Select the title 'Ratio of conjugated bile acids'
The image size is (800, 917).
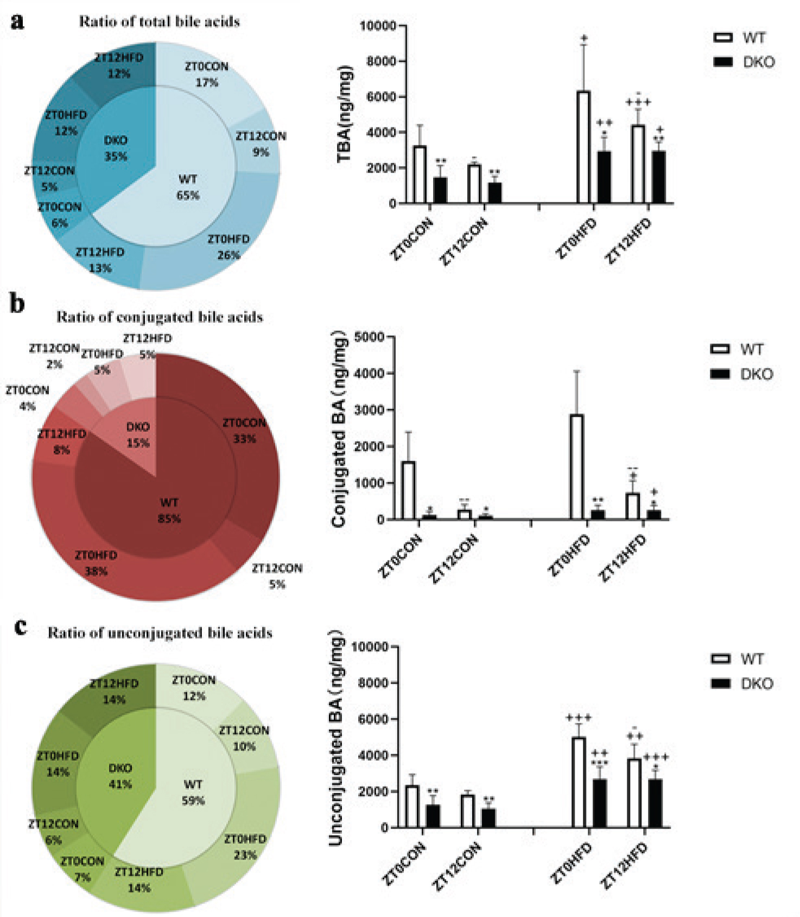[x=160, y=317]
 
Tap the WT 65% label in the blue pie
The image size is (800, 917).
[x=188, y=187]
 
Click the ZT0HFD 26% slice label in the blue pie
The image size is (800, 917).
[x=228, y=247]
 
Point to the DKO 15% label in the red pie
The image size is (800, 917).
[x=138, y=435]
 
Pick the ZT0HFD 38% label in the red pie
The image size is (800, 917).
[x=96, y=563]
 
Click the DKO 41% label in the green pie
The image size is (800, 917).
[x=120, y=776]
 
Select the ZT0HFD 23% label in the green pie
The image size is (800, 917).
[x=245, y=847]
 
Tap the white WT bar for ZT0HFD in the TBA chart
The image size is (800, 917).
[x=583, y=147]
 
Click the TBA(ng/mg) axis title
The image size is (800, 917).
[x=345, y=114]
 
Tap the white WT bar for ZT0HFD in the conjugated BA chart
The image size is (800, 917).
[x=576, y=467]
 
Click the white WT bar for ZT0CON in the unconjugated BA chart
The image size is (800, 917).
[x=412, y=806]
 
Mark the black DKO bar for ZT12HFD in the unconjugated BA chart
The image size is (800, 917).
[x=655, y=804]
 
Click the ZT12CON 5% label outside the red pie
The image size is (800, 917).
[x=277, y=576]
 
